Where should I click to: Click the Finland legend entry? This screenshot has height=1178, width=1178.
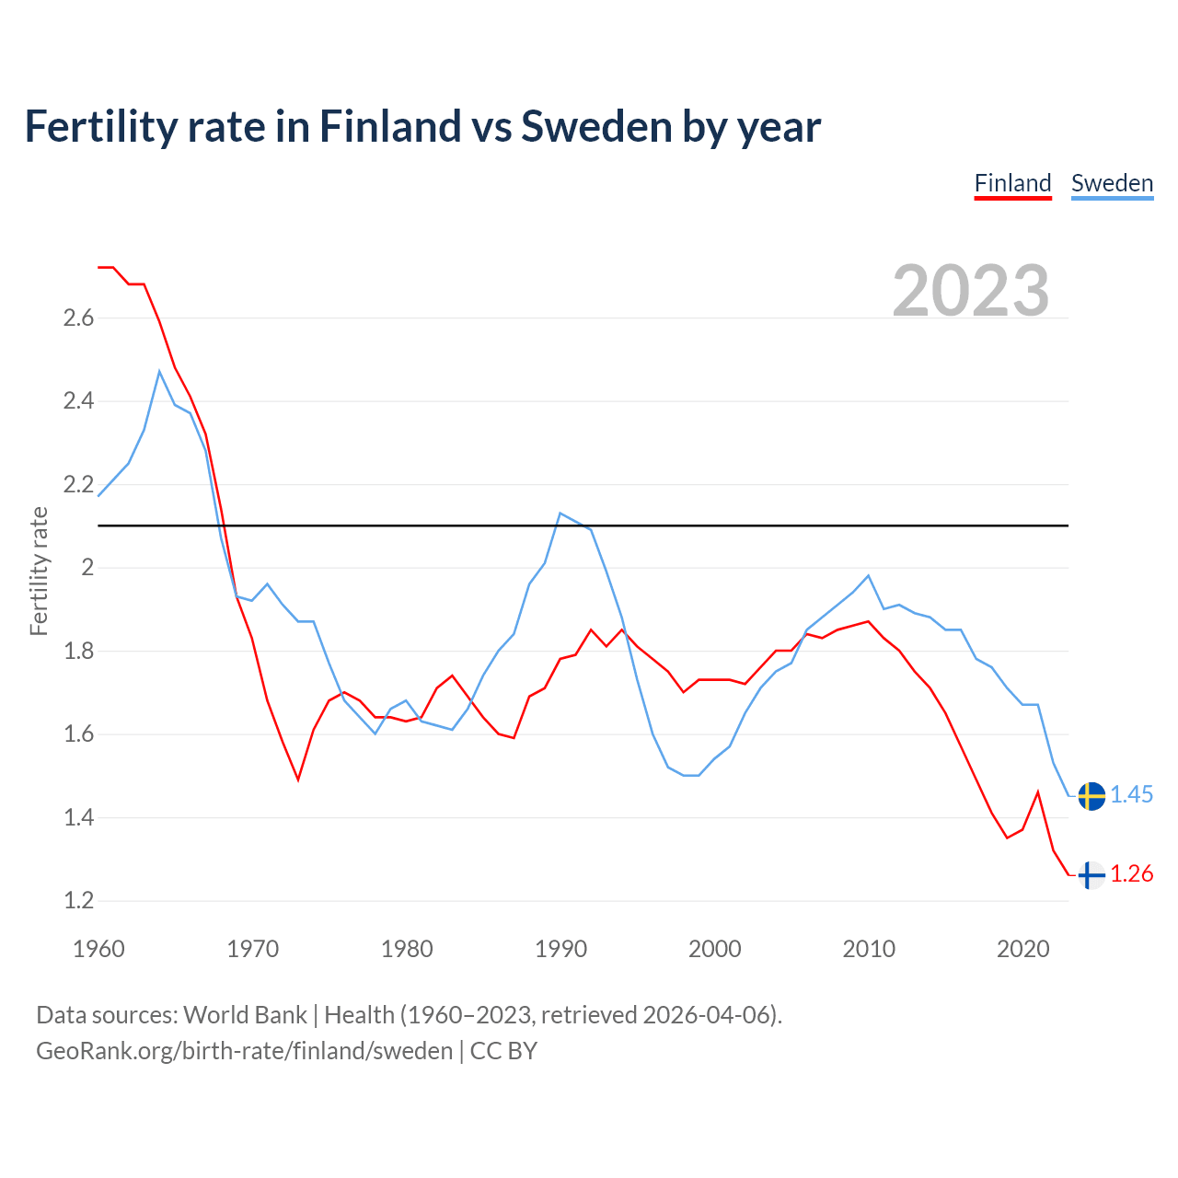(x=1012, y=183)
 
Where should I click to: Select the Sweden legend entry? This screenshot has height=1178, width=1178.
(x=1112, y=183)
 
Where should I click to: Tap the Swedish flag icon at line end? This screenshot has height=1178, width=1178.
(x=1091, y=796)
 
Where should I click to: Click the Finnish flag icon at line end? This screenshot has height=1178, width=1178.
(x=1091, y=875)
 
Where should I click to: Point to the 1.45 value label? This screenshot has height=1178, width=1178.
(x=1132, y=795)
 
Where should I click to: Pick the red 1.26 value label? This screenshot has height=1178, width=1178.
(x=1132, y=874)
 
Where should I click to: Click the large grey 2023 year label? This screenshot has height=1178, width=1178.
(x=971, y=291)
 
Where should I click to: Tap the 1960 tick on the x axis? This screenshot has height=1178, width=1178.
(x=98, y=949)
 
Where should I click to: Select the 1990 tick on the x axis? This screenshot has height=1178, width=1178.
(x=560, y=949)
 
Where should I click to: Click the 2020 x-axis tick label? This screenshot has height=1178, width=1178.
(x=1022, y=949)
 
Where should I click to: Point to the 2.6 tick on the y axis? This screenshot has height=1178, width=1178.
(x=78, y=318)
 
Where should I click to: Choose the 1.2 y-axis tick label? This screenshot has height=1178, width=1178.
(x=78, y=901)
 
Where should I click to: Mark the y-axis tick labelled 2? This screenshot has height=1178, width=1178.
(x=88, y=568)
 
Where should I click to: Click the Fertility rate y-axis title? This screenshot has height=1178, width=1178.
(x=39, y=571)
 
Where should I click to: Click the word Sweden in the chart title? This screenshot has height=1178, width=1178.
(x=596, y=127)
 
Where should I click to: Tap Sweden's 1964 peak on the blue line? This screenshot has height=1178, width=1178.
(x=159, y=372)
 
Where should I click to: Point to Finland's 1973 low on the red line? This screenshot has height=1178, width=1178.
(x=298, y=779)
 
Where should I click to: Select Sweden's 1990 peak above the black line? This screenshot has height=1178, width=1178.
(x=560, y=513)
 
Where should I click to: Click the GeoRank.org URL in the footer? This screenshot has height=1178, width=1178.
(x=244, y=1051)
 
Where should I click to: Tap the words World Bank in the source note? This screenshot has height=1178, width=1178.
(x=245, y=1015)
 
